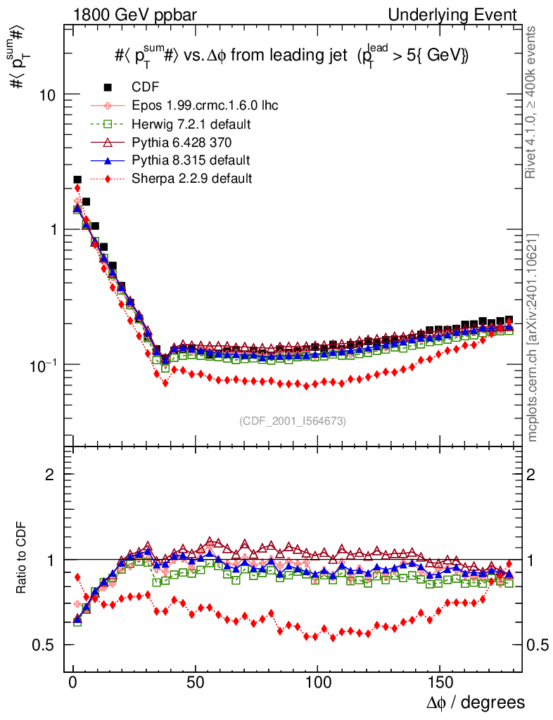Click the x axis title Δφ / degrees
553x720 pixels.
pos(475,702)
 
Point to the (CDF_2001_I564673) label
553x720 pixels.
pos(292,421)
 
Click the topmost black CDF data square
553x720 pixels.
pos(77,180)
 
